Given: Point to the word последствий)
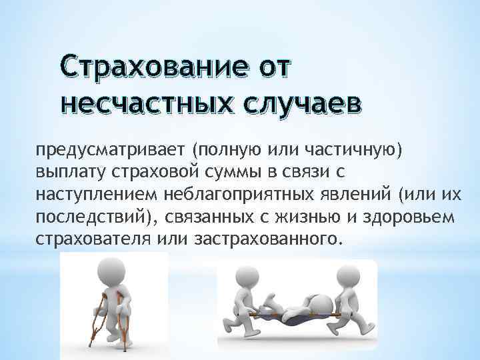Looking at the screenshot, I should click(87, 219).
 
